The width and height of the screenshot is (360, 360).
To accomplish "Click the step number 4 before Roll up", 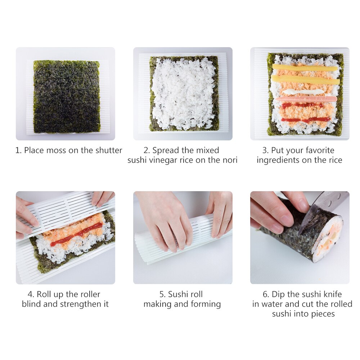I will (30, 294).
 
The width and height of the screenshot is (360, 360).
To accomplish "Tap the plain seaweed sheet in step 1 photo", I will (67, 96).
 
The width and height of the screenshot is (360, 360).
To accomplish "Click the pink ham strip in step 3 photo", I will (306, 99).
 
